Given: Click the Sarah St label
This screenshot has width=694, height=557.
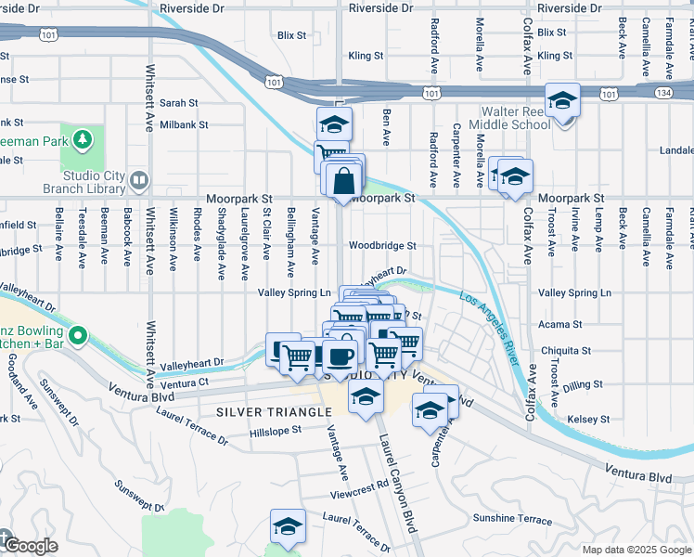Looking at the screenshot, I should coord(179,103).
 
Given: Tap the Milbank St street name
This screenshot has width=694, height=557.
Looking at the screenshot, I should coord(184,123).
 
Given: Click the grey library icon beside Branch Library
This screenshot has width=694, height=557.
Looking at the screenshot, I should coord(139,178).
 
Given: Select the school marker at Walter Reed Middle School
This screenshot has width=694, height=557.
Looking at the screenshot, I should coord(562,101).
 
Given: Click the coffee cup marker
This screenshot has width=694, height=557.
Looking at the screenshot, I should coord(340,355).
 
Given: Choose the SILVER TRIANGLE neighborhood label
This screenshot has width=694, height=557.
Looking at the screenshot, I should coord(274,411).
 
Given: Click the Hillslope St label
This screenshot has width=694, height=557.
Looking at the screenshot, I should coord(276,432).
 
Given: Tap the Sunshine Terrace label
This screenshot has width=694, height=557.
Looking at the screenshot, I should coord(511,518).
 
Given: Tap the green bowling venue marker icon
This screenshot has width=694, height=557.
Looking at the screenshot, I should coord(79,334).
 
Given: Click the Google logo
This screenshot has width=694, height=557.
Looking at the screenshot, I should coord(28,547).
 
